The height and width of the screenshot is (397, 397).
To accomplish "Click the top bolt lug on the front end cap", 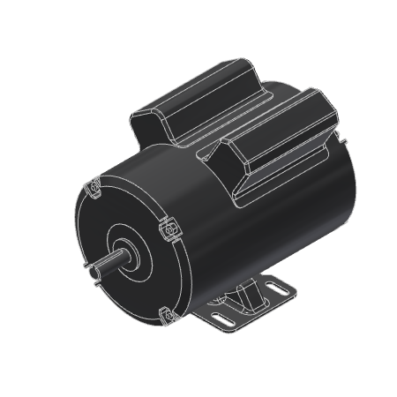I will [94, 188].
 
